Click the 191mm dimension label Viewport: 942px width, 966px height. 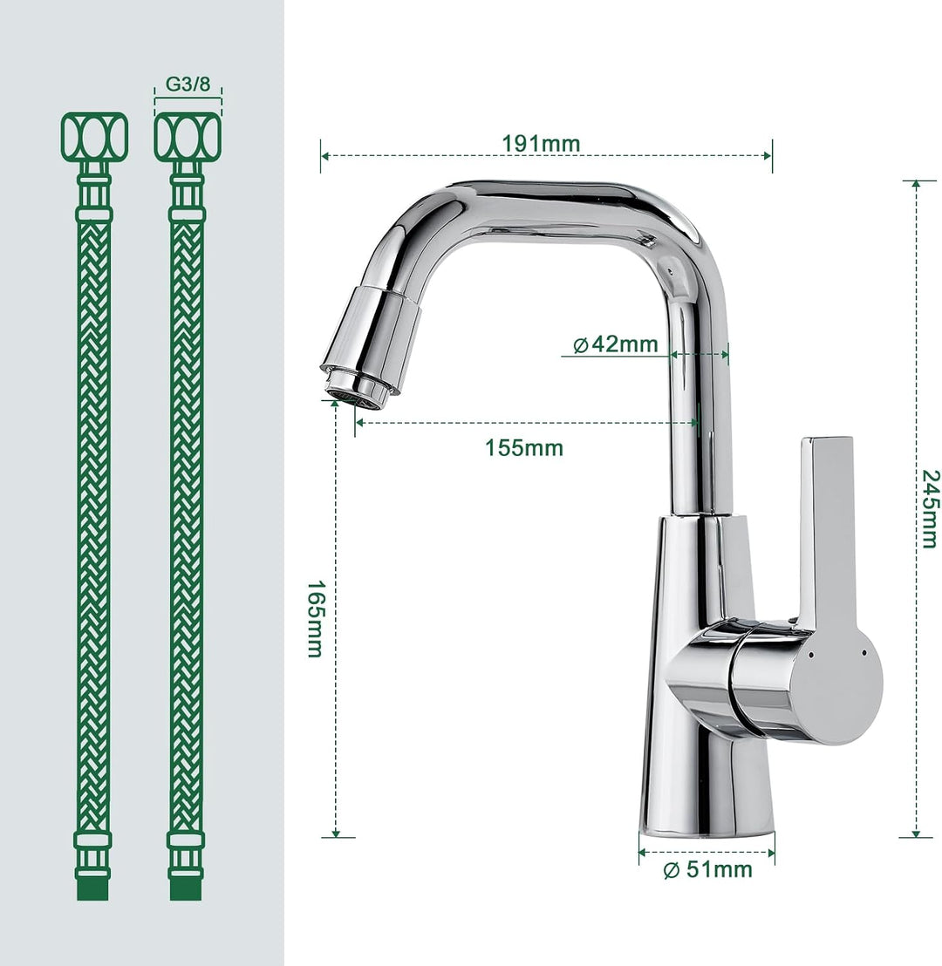tap(541, 144)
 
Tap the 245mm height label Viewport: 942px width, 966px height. tap(931, 509)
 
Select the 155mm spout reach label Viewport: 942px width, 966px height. tap(523, 448)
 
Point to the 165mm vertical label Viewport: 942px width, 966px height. tap(315, 618)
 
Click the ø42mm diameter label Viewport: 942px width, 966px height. tap(615, 344)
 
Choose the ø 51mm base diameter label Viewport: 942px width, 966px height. tap(707, 869)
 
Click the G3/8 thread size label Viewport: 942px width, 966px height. tap(188, 85)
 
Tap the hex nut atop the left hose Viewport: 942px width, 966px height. tap(94, 136)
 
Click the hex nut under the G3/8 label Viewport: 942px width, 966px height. tap(188, 136)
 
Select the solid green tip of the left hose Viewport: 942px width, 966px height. tap(93, 889)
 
